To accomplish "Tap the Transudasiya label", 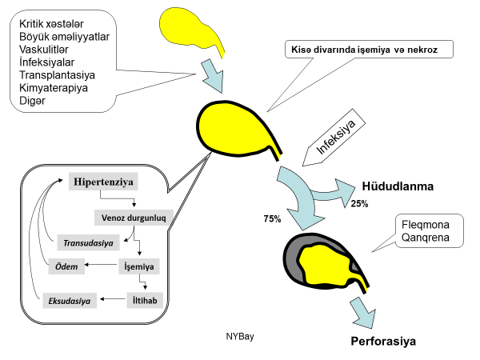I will pyautogui.click(x=87, y=241).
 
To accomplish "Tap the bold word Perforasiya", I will pyautogui.click(x=383, y=342).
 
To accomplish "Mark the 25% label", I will pyautogui.click(x=359, y=203).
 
